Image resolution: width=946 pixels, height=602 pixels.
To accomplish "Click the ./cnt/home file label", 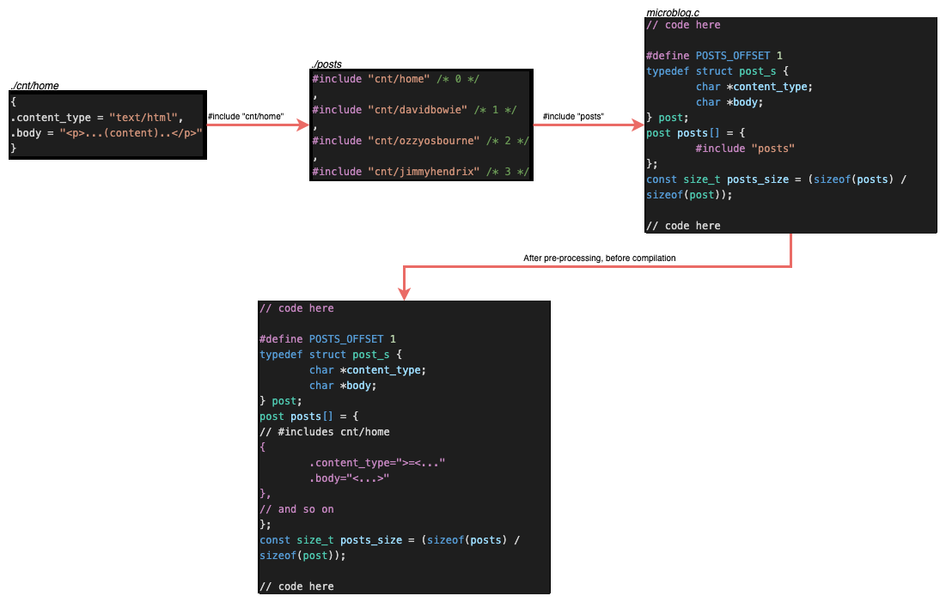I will coord(34,86).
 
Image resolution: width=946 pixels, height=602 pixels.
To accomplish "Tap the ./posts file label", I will coord(327,64).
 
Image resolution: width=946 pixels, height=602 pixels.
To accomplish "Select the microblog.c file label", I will coord(671,13).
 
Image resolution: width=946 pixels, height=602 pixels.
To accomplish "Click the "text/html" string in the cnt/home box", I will coord(144,118).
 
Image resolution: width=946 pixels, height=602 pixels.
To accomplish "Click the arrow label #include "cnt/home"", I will coord(245,117).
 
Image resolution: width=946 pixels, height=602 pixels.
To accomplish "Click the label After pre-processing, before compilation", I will coord(599,258).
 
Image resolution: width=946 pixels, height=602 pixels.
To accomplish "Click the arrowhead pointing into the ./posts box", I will coord(302,125).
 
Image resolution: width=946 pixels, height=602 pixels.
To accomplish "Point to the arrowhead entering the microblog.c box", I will coord(639,129).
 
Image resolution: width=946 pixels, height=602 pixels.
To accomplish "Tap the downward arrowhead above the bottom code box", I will coord(404,294).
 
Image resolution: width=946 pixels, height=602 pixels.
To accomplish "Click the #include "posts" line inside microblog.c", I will coord(745,149).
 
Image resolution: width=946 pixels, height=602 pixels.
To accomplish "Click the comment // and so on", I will coord(296,509).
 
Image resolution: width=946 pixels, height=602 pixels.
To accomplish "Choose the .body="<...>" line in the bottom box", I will coord(350,478).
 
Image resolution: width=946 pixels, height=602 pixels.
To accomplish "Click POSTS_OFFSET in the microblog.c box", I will coord(733,56).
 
